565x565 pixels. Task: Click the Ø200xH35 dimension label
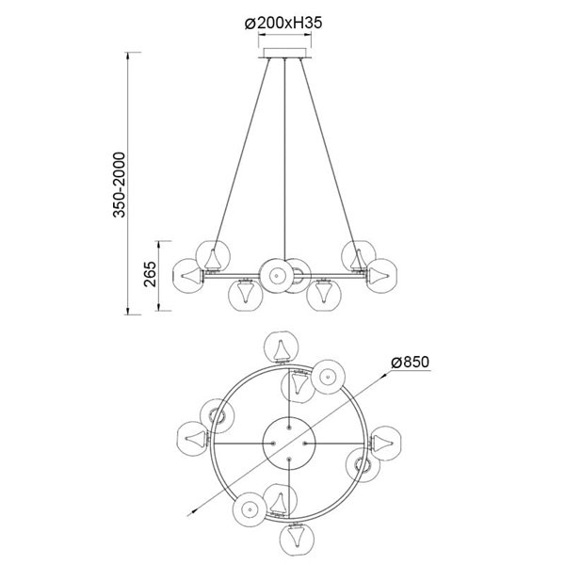click(282, 24)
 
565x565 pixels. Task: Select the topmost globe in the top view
click(281, 347)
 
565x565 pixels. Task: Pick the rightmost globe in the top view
click(386, 440)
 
